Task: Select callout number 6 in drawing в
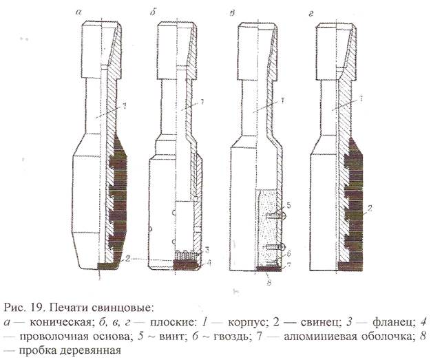tap(289, 253)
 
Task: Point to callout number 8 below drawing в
tap(267, 279)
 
